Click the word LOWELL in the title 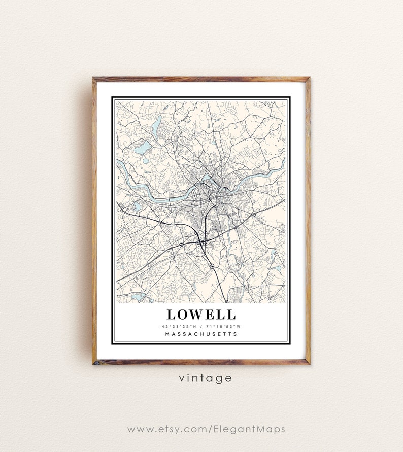tap(201, 315)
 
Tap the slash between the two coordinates tap(201, 326)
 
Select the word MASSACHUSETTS tap(201, 334)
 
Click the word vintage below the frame tap(205, 378)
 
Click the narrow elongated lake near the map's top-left tap(157, 122)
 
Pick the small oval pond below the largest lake tap(145, 160)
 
